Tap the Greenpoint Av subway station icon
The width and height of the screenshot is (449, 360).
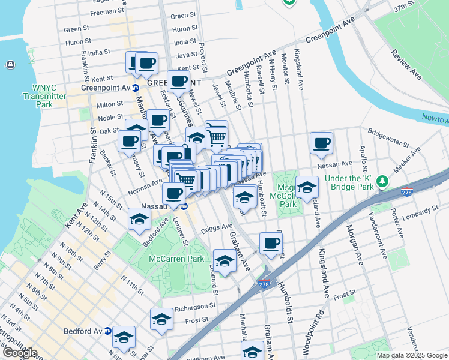(136, 88)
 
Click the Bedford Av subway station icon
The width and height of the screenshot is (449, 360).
(108, 331)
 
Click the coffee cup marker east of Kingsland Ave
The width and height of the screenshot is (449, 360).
(321, 143)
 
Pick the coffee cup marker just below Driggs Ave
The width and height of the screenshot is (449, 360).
(270, 243)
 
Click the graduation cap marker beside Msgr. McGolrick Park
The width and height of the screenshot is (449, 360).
(307, 187)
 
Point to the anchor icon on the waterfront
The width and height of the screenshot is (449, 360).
(10, 64)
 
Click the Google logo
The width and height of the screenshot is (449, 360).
(20, 353)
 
